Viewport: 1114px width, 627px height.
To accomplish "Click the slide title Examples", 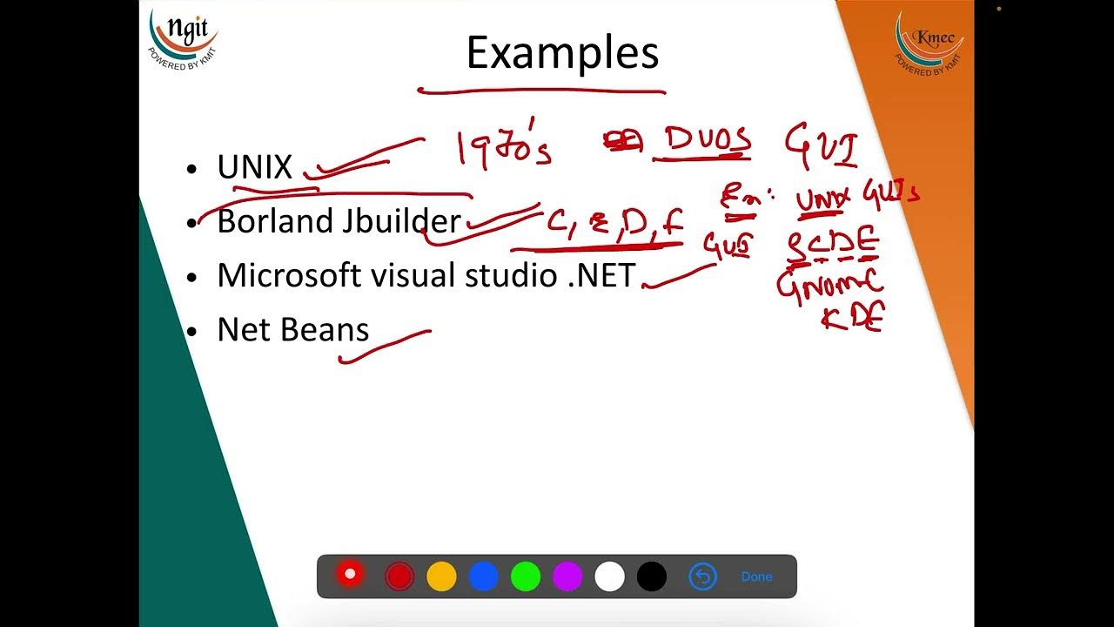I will pyautogui.click(x=562, y=54).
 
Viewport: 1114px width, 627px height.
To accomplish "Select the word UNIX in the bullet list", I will pyautogui.click(x=254, y=167).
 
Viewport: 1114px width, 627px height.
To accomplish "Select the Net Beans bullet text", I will pyautogui.click(x=292, y=329).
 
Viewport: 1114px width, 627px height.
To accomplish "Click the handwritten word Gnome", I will pyautogui.click(x=830, y=285).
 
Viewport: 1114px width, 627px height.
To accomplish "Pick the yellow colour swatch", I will pyautogui.click(x=441, y=576).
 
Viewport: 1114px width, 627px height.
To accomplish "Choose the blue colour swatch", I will pyautogui.click(x=483, y=576).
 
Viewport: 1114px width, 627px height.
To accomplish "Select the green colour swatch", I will pyautogui.click(x=526, y=576).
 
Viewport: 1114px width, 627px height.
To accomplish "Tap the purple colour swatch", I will pyautogui.click(x=567, y=576).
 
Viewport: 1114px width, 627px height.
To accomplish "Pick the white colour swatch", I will pyautogui.click(x=609, y=576).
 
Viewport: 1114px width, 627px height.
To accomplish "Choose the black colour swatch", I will pyautogui.click(x=652, y=576).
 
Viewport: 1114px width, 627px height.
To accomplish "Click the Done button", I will pyautogui.click(x=756, y=576).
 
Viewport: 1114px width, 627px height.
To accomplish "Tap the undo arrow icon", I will pyautogui.click(x=702, y=576).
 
